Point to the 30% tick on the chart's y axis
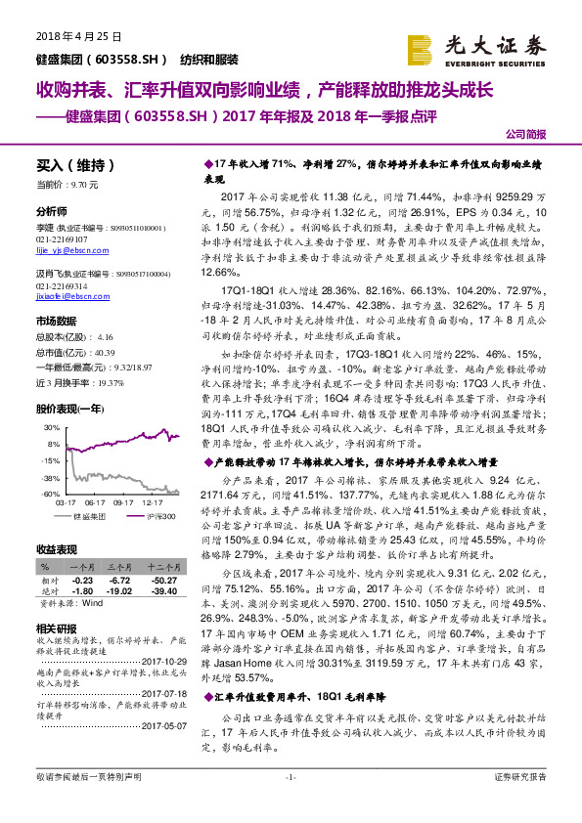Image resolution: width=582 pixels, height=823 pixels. pyautogui.click(x=50, y=428)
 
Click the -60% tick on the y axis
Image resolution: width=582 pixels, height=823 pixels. pyautogui.click(x=50, y=495)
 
